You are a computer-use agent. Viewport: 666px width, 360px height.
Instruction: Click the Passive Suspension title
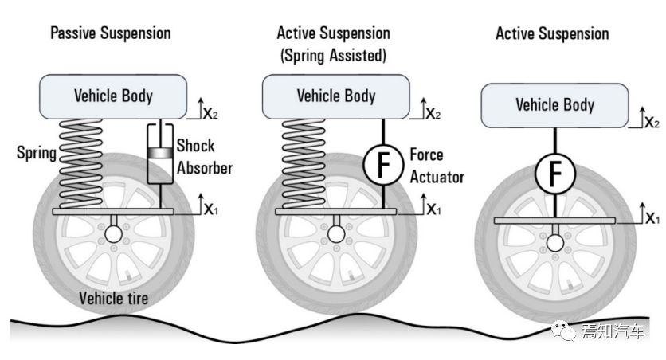[x=111, y=33]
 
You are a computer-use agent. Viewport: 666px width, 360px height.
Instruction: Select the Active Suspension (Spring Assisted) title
[x=334, y=45]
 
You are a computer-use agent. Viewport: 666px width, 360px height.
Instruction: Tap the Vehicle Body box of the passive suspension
[x=113, y=97]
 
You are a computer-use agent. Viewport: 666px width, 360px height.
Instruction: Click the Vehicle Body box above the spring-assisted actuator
[x=336, y=97]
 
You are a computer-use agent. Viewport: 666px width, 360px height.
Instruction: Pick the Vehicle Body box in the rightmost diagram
[x=554, y=106]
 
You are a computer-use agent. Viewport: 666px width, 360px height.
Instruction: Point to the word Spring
[x=37, y=153]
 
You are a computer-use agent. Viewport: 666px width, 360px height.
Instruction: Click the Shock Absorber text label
[x=205, y=157]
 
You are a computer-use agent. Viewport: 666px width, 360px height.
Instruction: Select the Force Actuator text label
[x=437, y=166]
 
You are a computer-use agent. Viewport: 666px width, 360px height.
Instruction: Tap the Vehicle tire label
[x=113, y=298]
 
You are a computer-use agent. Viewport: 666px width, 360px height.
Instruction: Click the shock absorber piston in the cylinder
[x=160, y=153]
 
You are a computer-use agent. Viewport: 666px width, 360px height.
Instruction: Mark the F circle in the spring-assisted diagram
[x=383, y=165]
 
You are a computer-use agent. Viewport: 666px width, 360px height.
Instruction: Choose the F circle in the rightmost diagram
[x=555, y=174]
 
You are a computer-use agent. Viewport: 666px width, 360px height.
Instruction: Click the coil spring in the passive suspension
[x=80, y=164]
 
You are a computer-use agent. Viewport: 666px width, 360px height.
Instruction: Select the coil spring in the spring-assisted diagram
[x=304, y=164]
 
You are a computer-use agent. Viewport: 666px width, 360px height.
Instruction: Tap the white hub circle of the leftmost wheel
[x=113, y=234]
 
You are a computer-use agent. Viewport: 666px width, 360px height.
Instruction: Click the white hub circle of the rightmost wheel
[x=555, y=244]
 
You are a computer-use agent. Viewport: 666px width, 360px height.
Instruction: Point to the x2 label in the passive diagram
[x=210, y=114]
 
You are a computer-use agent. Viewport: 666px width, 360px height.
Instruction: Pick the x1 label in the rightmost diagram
[x=652, y=218]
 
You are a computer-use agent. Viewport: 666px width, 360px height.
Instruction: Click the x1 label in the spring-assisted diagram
[x=433, y=209]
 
